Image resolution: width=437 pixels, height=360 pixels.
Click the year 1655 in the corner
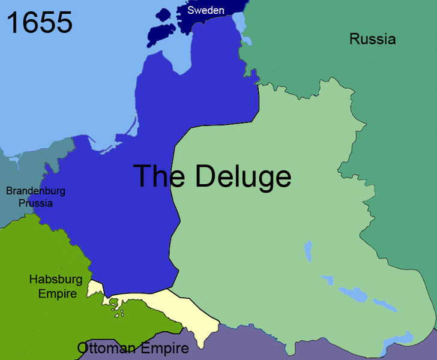pyautogui.click(x=40, y=23)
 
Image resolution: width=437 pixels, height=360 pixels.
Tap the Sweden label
pyautogui.click(x=206, y=10)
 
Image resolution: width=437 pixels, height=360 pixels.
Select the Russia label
pyautogui.click(x=372, y=40)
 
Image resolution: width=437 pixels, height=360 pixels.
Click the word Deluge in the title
pyautogui.click(x=243, y=177)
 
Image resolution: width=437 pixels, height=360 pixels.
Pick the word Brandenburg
pyautogui.click(x=35, y=191)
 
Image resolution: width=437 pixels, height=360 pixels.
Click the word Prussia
pyautogui.click(x=35, y=203)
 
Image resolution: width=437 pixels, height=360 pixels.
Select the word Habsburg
pyautogui.click(x=53, y=280)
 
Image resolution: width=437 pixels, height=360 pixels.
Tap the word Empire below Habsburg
pyautogui.click(x=57, y=293)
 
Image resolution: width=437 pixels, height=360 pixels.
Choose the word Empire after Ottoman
pyautogui.click(x=165, y=348)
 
